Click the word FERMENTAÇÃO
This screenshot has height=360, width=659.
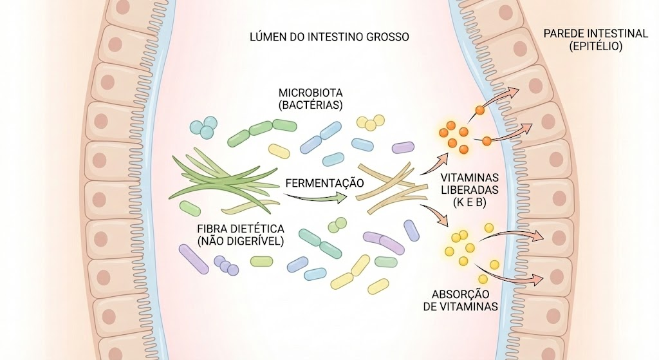pyautogui.click(x=324, y=183)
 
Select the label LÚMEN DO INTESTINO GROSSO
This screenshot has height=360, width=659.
pyautogui.click(x=329, y=37)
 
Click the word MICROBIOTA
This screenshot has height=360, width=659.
pyautogui.click(x=311, y=93)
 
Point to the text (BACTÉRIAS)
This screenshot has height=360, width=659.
pyautogui.click(x=311, y=105)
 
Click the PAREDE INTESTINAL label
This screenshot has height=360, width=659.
pyautogui.click(x=595, y=33)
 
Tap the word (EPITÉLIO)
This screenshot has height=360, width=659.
pyautogui.click(x=595, y=46)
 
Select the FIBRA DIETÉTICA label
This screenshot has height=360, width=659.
pyautogui.click(x=241, y=229)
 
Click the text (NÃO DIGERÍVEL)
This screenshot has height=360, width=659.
pyautogui.click(x=241, y=242)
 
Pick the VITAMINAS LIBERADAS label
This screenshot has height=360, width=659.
pyautogui.click(x=469, y=184)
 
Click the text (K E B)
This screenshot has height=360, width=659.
pyautogui.click(x=469, y=202)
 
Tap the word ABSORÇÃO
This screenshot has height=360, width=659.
pyautogui.click(x=461, y=294)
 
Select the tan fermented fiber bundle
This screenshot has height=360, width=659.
pyautogui.click(x=391, y=187)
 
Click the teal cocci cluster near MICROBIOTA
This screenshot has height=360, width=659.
pyautogui.click(x=204, y=128)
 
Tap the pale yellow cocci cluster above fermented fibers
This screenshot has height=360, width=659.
pyautogui.click(x=371, y=122)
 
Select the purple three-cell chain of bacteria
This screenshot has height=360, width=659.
pyautogui.click(x=226, y=265)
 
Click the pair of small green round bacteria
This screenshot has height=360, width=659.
pyautogui.click(x=337, y=225)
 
